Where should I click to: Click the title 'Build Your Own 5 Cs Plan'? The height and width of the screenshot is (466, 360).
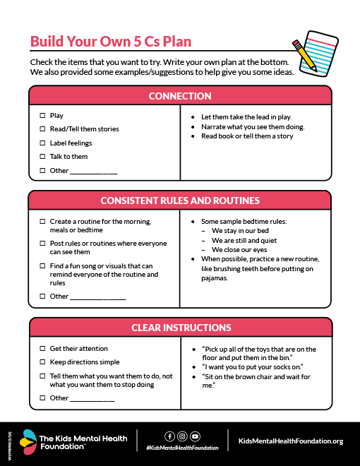click(x=111, y=41)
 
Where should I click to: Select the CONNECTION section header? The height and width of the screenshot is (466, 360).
click(x=180, y=96)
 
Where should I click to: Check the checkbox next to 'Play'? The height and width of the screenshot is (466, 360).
click(x=42, y=115)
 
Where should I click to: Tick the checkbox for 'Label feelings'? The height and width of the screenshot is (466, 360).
click(x=42, y=143)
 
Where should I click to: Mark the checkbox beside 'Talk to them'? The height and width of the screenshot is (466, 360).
click(x=42, y=157)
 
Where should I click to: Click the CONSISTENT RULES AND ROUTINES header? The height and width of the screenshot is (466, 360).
click(x=180, y=201)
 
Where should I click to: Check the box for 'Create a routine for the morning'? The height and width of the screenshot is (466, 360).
click(x=42, y=221)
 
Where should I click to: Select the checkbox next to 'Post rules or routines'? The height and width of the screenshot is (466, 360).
click(x=42, y=244)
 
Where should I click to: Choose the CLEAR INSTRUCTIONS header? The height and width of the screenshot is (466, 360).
click(x=181, y=328)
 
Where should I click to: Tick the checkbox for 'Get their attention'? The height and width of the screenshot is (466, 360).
click(x=42, y=349)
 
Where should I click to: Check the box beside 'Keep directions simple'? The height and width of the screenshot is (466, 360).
click(x=42, y=362)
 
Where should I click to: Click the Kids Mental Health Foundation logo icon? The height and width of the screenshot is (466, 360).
click(x=28, y=441)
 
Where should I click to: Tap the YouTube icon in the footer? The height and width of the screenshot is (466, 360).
click(x=195, y=436)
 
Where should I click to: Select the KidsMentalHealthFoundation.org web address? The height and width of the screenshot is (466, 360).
click(x=291, y=441)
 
